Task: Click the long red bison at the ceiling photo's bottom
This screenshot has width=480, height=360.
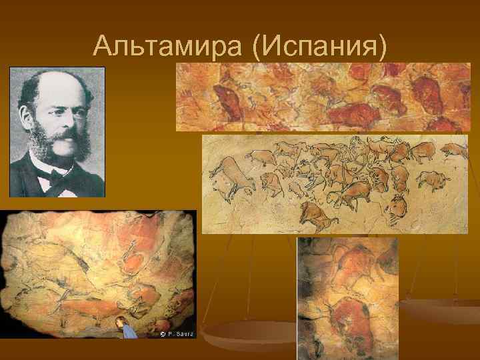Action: [83, 308]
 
